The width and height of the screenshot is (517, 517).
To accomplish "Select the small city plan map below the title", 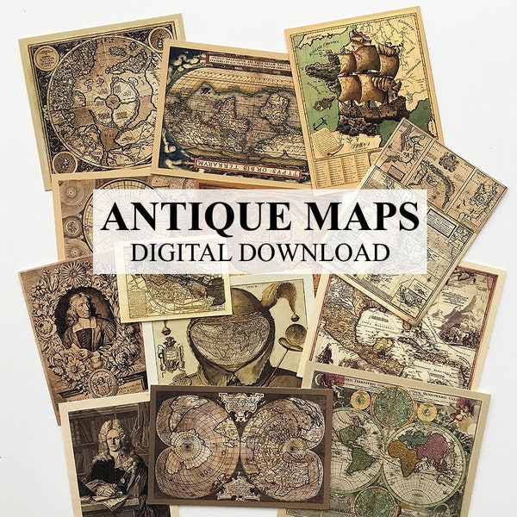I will pos(172,280).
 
